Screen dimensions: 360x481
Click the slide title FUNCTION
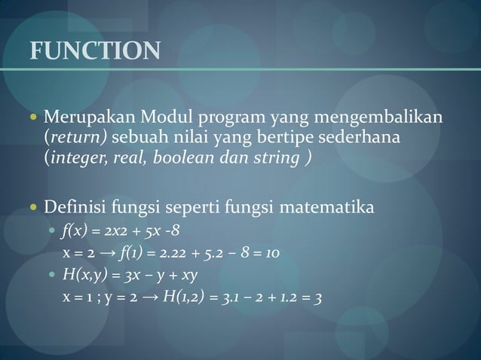click(94, 50)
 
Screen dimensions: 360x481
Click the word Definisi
click(74, 205)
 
